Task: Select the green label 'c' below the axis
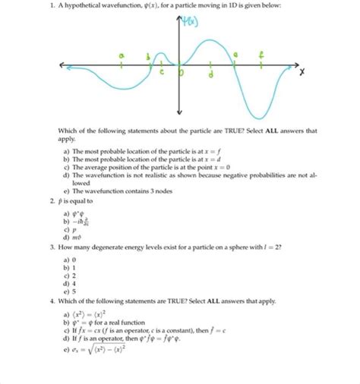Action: [x=161, y=73]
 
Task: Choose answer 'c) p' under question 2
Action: [x=73, y=227]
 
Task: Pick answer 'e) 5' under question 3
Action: [x=72, y=291]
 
